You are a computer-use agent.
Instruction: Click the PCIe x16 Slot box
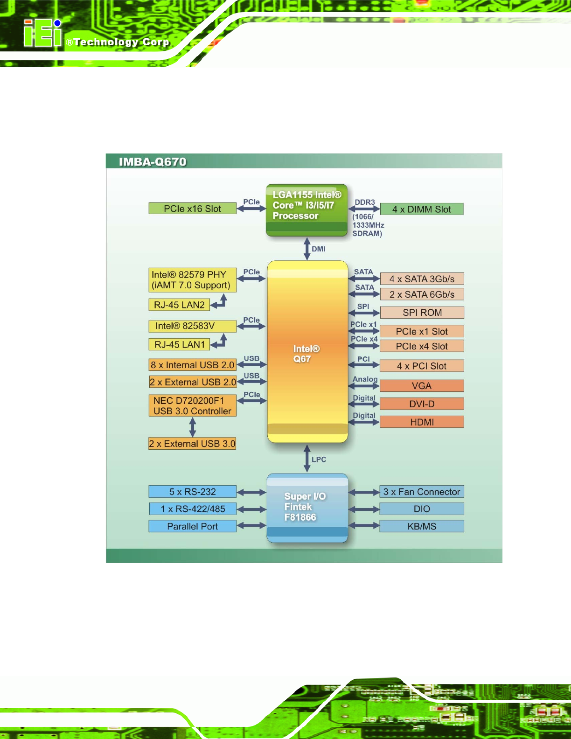pos(193,208)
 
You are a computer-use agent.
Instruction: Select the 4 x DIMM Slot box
pos(422,209)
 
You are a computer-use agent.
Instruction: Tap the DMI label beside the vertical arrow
pos(318,249)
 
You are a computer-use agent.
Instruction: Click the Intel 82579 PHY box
pos(193,280)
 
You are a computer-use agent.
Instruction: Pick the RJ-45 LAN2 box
pos(179,305)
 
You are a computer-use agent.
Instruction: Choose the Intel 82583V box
pos(193,326)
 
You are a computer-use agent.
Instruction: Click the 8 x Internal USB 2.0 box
pos(193,365)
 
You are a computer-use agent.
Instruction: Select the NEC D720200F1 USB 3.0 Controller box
pos(193,405)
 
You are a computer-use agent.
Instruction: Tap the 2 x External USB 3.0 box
pos(192,444)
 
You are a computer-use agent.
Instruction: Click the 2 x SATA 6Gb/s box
pos(422,294)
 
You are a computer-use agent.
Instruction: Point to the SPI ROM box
pos(422,312)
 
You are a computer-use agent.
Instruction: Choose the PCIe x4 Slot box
pos(422,346)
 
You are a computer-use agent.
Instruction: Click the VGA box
pos(422,386)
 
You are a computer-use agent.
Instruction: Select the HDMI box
pos(422,422)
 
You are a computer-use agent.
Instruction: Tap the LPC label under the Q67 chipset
pos(319,460)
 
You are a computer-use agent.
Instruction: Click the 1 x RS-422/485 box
pos(193,509)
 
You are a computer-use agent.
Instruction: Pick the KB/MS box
pos(422,526)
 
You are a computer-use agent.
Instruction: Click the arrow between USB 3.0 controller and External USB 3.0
pos(193,427)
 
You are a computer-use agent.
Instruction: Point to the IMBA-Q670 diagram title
pos(153,161)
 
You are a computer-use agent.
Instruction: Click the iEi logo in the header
pos(42,33)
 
